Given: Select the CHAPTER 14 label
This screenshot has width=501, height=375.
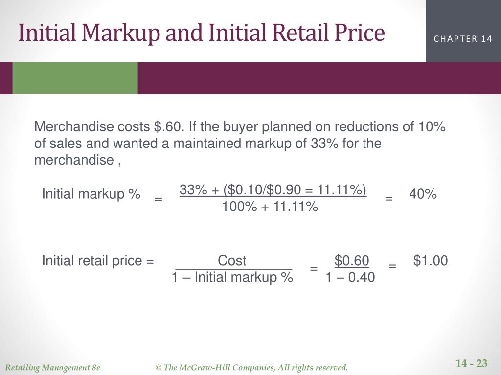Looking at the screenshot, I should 463,39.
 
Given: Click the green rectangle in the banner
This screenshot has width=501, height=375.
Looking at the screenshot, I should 75,78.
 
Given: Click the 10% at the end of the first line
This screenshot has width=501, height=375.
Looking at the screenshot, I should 432,127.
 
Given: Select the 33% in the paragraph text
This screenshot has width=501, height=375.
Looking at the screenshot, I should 323,144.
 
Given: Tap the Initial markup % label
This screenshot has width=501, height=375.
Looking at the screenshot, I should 91,194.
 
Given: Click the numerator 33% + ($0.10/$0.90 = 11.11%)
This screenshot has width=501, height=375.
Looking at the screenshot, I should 273,190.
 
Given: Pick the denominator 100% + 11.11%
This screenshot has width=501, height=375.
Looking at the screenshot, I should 270,207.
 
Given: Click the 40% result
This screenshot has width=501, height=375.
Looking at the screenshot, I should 423,194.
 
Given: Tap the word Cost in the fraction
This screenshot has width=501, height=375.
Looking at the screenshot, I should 232,261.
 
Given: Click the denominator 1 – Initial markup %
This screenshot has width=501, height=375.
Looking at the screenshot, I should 232,278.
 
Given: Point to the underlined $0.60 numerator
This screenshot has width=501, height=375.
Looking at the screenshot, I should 352,261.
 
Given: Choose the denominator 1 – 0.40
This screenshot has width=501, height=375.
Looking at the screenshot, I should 350,278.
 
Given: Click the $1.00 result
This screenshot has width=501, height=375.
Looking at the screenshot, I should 431,261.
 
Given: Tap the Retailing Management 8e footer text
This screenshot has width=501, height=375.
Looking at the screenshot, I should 52,367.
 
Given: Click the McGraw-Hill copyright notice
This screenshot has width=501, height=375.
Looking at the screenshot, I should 251,367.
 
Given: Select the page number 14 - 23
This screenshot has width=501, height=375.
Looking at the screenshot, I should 472,363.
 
